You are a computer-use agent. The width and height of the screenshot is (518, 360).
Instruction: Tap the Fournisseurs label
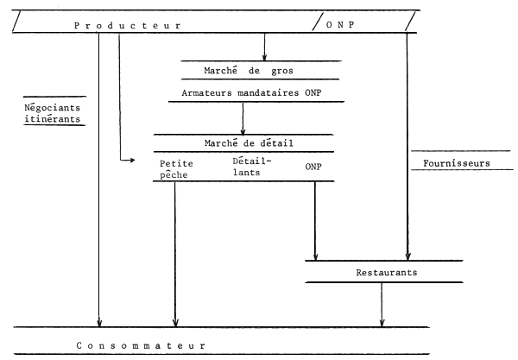coord(456,161)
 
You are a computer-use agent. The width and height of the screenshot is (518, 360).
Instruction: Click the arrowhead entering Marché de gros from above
coord(264,57)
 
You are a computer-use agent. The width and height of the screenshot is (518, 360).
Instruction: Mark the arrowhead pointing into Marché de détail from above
coord(244,129)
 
